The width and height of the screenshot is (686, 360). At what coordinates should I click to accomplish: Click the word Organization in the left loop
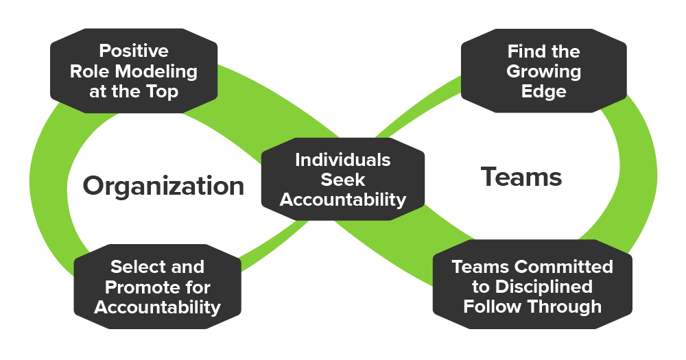[x=163, y=186]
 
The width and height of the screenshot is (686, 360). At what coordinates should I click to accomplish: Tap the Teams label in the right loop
[x=521, y=178]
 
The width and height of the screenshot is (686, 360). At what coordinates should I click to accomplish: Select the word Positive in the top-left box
[x=134, y=51]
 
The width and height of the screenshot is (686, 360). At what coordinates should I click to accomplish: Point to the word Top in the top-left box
[x=163, y=91]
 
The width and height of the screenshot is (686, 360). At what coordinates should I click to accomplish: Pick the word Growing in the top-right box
[x=543, y=71]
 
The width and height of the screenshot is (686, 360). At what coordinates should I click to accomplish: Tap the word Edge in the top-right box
[x=543, y=91]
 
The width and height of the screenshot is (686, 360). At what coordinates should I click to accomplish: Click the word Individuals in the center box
[x=343, y=160]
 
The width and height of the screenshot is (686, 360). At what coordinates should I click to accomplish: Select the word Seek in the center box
[x=343, y=180]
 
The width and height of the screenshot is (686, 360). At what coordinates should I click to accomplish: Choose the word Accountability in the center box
[x=343, y=200]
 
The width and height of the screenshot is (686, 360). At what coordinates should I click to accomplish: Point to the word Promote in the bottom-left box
[x=142, y=287]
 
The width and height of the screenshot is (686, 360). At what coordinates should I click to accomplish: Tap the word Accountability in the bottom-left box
[x=157, y=307]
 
